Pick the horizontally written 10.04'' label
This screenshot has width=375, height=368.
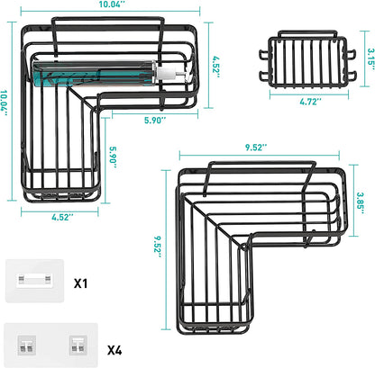click(113, 4)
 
